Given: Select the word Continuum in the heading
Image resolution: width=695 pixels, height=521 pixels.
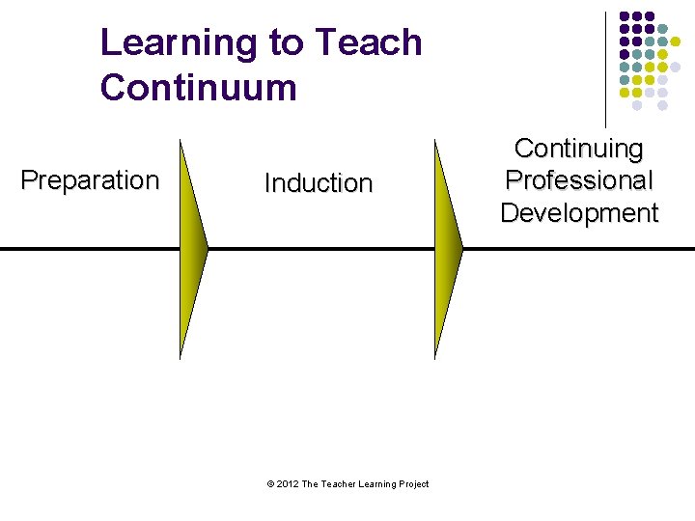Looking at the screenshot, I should pyautogui.click(x=198, y=88).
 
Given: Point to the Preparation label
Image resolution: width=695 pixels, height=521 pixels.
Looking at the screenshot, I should pyautogui.click(x=90, y=180).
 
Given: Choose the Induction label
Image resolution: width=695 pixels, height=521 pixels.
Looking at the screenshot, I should pyautogui.click(x=319, y=183).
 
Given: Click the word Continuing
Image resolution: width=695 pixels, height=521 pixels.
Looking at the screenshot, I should pyautogui.click(x=579, y=149).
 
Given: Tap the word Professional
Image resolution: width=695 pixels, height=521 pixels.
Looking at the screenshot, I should pyautogui.click(x=579, y=180).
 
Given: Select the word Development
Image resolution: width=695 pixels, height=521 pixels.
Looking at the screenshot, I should pyautogui.click(x=579, y=213).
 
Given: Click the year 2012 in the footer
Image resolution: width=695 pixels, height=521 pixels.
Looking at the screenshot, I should pyautogui.click(x=287, y=484).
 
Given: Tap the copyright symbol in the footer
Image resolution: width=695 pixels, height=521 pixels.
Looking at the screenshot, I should pyautogui.click(x=269, y=484).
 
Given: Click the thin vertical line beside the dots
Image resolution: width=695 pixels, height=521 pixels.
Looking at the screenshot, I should pyautogui.click(x=605, y=68).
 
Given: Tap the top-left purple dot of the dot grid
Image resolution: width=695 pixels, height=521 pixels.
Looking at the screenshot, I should pyautogui.click(x=625, y=17).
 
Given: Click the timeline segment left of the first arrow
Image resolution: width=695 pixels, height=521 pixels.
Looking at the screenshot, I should pyautogui.click(x=87, y=249).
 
